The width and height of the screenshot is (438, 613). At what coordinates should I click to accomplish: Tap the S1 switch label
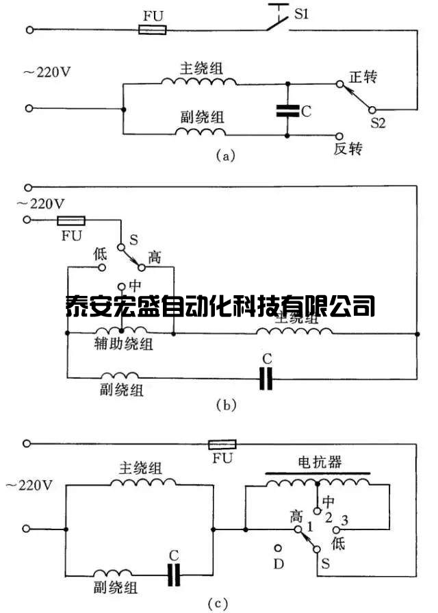[x=302, y=13]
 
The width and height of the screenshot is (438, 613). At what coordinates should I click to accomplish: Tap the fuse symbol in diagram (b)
[x=70, y=221]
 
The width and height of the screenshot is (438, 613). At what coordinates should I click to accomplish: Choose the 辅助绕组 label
[x=127, y=345]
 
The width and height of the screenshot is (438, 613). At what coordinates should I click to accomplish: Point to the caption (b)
[x=225, y=405]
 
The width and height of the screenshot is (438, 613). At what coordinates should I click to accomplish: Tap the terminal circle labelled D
[x=279, y=548]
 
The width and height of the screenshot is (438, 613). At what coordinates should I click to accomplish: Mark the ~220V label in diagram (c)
[x=28, y=486]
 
